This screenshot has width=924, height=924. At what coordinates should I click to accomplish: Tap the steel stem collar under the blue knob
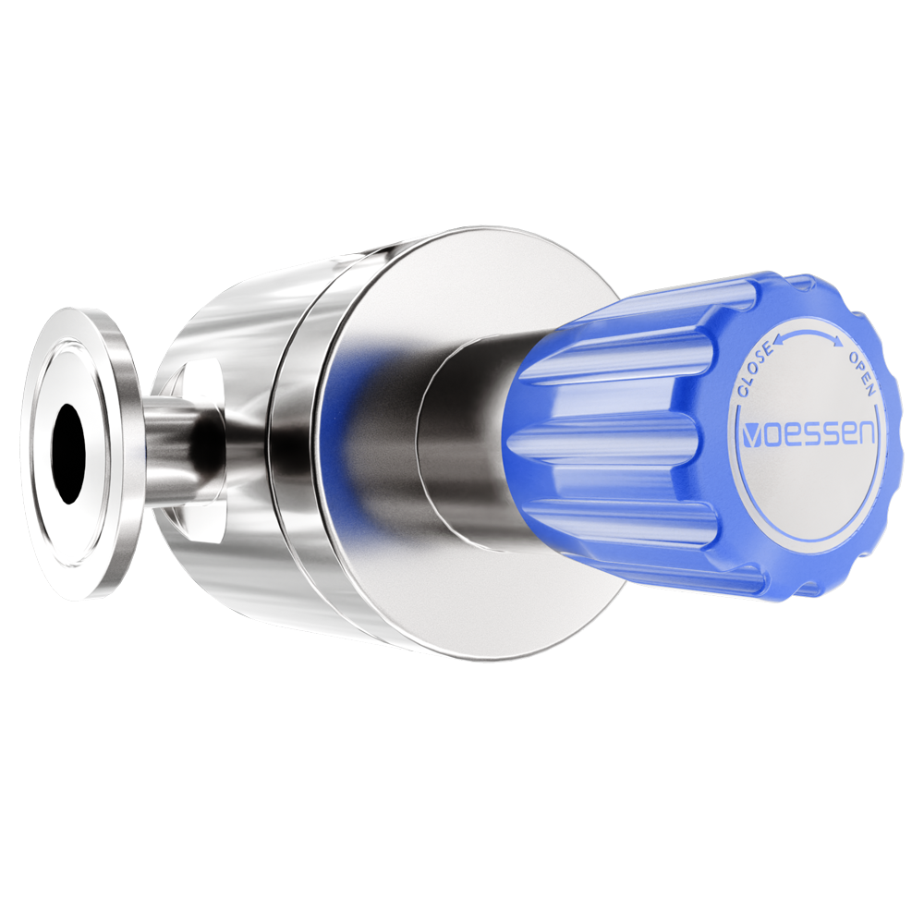pyautogui.click(x=462, y=444)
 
